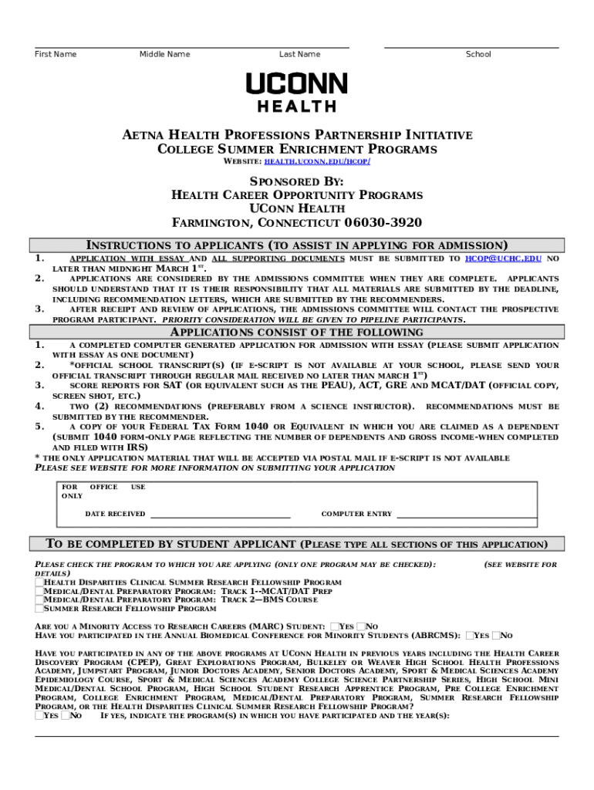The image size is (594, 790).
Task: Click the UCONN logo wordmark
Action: (x=297, y=83)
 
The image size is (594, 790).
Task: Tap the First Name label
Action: (x=56, y=54)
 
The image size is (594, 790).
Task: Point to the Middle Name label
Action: (x=164, y=54)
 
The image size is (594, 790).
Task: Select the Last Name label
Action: (x=299, y=54)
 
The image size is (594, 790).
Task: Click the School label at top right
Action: (x=478, y=54)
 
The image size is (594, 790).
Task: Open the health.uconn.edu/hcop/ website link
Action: (x=317, y=162)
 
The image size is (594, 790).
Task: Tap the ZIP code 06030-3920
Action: (x=383, y=224)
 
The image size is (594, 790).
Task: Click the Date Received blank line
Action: (x=220, y=515)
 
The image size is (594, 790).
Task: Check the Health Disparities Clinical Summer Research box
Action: (x=39, y=582)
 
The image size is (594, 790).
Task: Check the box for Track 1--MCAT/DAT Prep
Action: (x=39, y=591)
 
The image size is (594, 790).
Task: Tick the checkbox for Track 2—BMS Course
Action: (x=39, y=599)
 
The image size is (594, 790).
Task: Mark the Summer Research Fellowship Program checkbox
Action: (x=39, y=608)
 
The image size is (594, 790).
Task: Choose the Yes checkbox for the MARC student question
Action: (x=334, y=626)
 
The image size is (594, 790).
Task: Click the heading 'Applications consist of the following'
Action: (x=297, y=333)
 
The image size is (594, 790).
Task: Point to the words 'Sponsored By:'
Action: (x=297, y=181)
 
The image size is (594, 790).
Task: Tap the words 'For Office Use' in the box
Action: (x=103, y=488)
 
